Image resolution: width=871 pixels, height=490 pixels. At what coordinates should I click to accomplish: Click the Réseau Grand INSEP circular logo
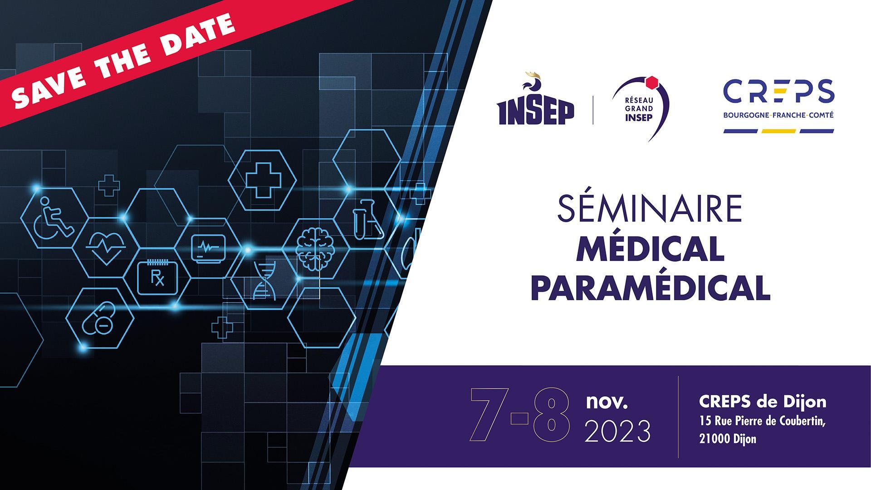(640, 107)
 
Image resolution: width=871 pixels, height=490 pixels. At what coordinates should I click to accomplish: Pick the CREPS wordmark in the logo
(778, 92)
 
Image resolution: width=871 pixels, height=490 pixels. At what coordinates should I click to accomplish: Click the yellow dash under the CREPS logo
(778, 131)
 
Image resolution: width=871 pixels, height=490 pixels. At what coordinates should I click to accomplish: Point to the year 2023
(617, 431)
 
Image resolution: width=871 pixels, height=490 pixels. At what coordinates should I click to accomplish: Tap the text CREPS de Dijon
(763, 402)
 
